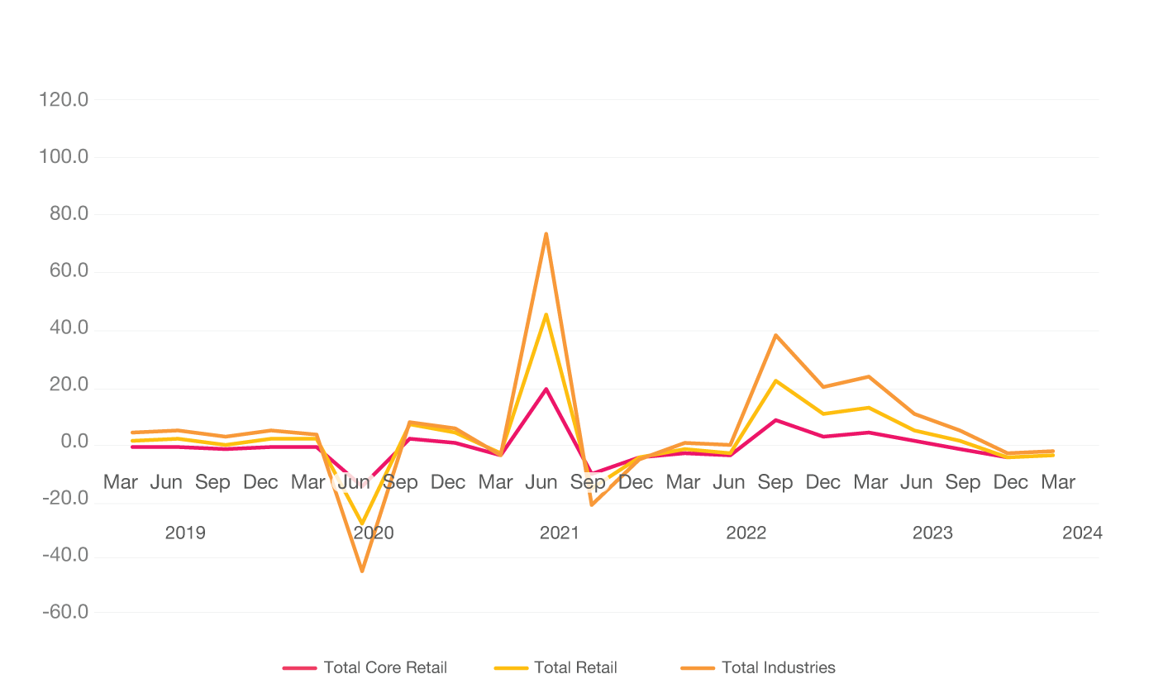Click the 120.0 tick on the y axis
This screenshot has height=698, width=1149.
(x=64, y=100)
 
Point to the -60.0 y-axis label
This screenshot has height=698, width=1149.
(x=64, y=613)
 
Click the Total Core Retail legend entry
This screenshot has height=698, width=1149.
(x=384, y=667)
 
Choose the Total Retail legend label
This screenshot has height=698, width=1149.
(x=575, y=667)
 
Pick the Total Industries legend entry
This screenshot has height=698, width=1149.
(x=778, y=667)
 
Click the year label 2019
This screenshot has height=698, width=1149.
(x=185, y=533)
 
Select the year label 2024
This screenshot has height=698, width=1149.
(x=1082, y=533)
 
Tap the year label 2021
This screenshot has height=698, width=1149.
(x=560, y=533)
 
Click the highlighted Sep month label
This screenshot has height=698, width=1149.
(x=588, y=482)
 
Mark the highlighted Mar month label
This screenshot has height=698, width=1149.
(x=308, y=482)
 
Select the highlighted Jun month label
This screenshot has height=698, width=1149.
(x=354, y=482)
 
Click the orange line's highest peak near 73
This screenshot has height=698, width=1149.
(x=546, y=234)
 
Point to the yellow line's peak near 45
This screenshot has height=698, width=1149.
(x=546, y=314)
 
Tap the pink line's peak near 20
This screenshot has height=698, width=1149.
(x=546, y=388)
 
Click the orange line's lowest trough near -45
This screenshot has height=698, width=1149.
(x=362, y=571)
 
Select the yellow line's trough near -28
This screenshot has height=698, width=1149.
(x=362, y=524)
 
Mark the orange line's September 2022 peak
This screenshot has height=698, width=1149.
(x=775, y=335)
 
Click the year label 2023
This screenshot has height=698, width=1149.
(x=932, y=533)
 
